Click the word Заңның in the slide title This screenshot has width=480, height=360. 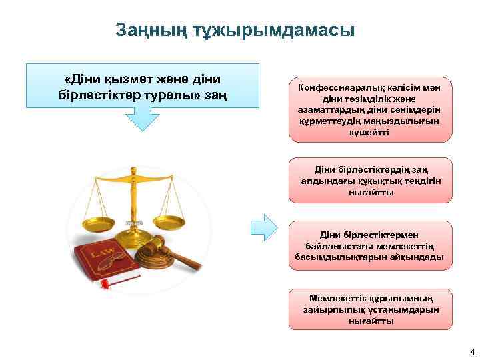[145, 31]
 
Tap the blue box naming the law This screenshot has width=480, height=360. [142, 86]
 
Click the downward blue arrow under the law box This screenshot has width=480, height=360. [142, 119]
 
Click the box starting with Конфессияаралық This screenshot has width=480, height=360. [370, 109]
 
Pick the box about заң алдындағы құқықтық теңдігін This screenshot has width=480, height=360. [370, 180]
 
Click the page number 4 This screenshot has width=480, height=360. [471, 351]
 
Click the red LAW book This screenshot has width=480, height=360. [103, 264]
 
